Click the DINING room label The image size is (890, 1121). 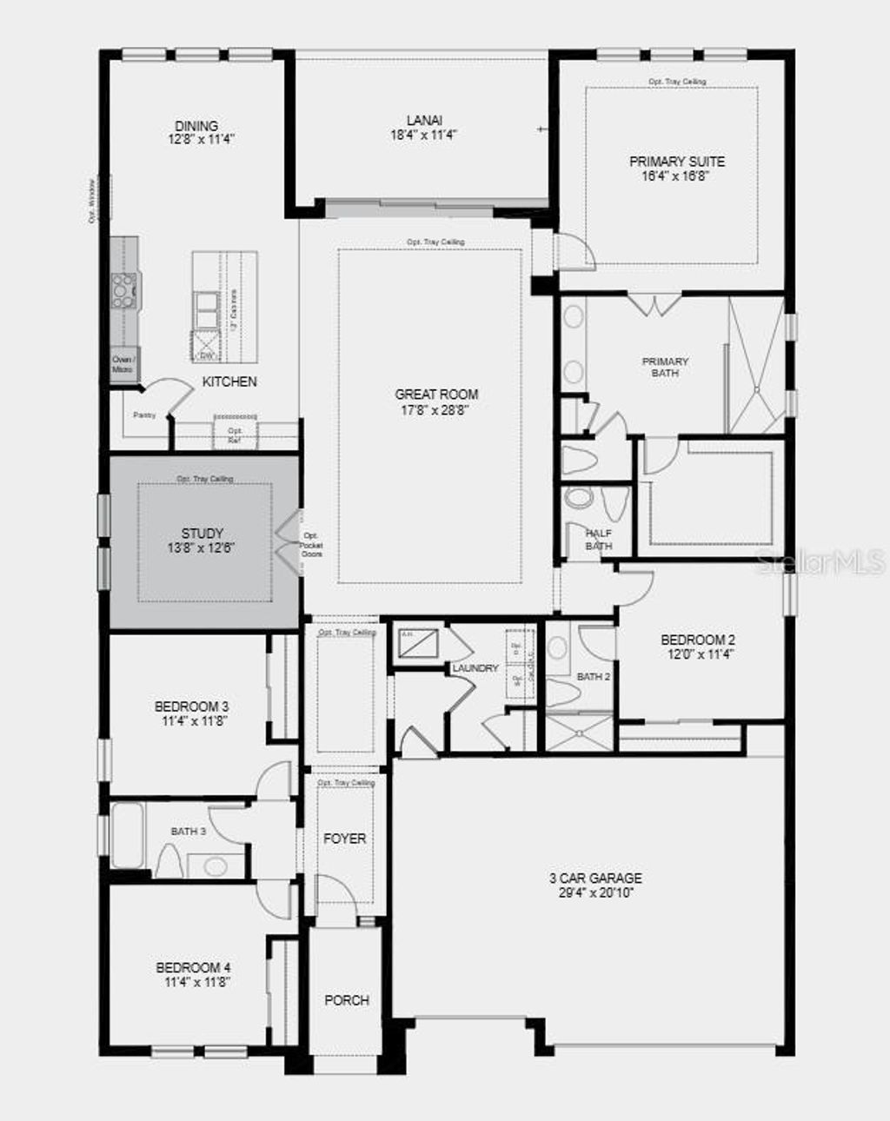[x=196, y=126]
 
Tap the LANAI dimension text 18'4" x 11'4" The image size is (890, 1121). [x=423, y=135]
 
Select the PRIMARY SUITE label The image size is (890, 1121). [x=677, y=161]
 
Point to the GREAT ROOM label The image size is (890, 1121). [x=436, y=395]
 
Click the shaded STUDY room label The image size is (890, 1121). [x=203, y=533]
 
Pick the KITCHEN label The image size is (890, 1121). [x=229, y=381]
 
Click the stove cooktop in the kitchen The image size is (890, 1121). [x=124, y=290]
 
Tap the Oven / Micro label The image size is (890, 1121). [x=123, y=364]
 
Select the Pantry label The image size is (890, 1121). [x=144, y=415]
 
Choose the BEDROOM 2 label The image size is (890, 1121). [x=698, y=640]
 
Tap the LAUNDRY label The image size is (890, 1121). [x=475, y=668]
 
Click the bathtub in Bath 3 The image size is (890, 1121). [x=128, y=835]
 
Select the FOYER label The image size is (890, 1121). [x=345, y=839]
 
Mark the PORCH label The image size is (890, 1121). [x=347, y=1000]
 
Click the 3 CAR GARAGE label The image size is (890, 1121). [x=595, y=879]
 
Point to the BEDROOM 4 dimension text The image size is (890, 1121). [x=193, y=982]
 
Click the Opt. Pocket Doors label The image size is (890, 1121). [x=312, y=545]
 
